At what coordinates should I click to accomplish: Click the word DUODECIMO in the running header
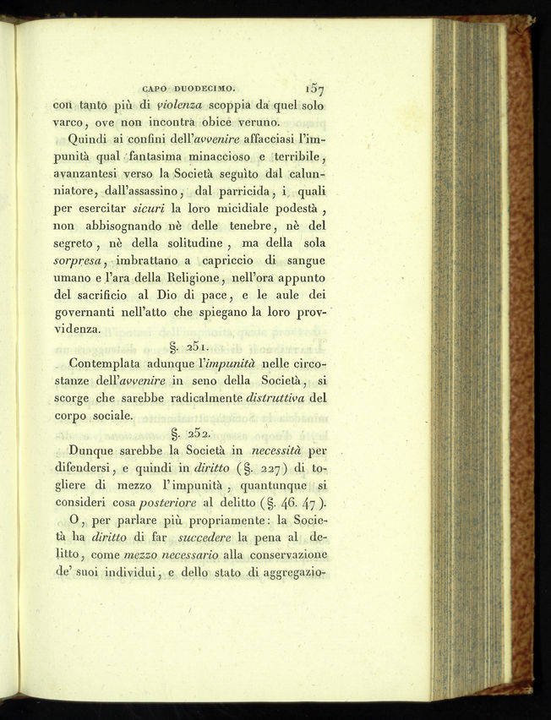point(208,85)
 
